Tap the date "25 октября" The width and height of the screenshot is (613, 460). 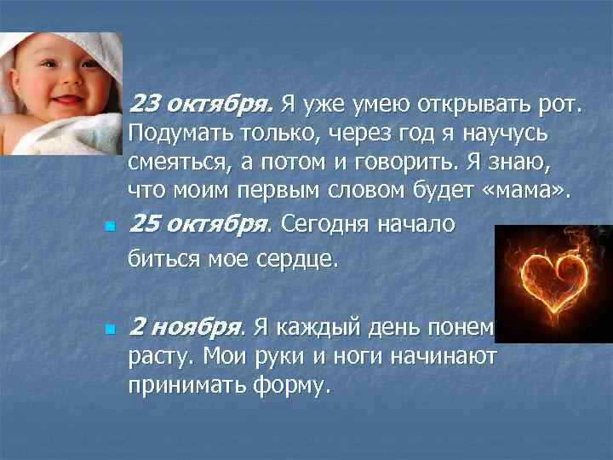tap(197, 225)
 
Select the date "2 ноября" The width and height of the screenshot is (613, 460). tap(185, 327)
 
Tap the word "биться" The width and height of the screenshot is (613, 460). tap(158, 259)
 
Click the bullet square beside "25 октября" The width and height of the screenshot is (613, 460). tap(108, 227)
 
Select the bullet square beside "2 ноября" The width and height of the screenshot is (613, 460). tap(108, 330)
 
